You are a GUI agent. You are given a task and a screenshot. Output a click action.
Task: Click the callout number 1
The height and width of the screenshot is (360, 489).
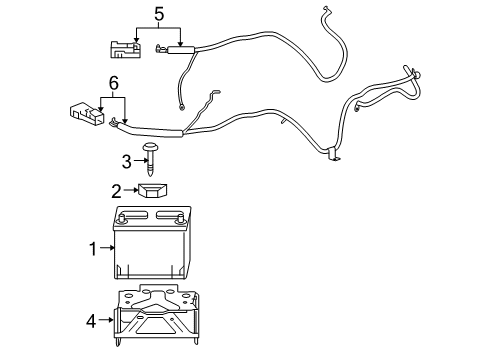click(x=93, y=249)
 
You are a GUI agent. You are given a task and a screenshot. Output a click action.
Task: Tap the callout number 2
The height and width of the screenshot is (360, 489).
click(x=116, y=189)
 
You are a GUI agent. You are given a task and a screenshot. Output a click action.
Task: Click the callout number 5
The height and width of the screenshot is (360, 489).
click(x=157, y=14)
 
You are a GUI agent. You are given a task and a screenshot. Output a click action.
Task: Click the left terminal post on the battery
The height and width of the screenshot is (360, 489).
click(x=121, y=219)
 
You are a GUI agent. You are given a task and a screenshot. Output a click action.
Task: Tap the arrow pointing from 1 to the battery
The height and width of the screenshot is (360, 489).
click(x=108, y=249)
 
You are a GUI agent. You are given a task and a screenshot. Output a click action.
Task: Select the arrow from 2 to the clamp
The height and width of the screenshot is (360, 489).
click(x=131, y=189)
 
